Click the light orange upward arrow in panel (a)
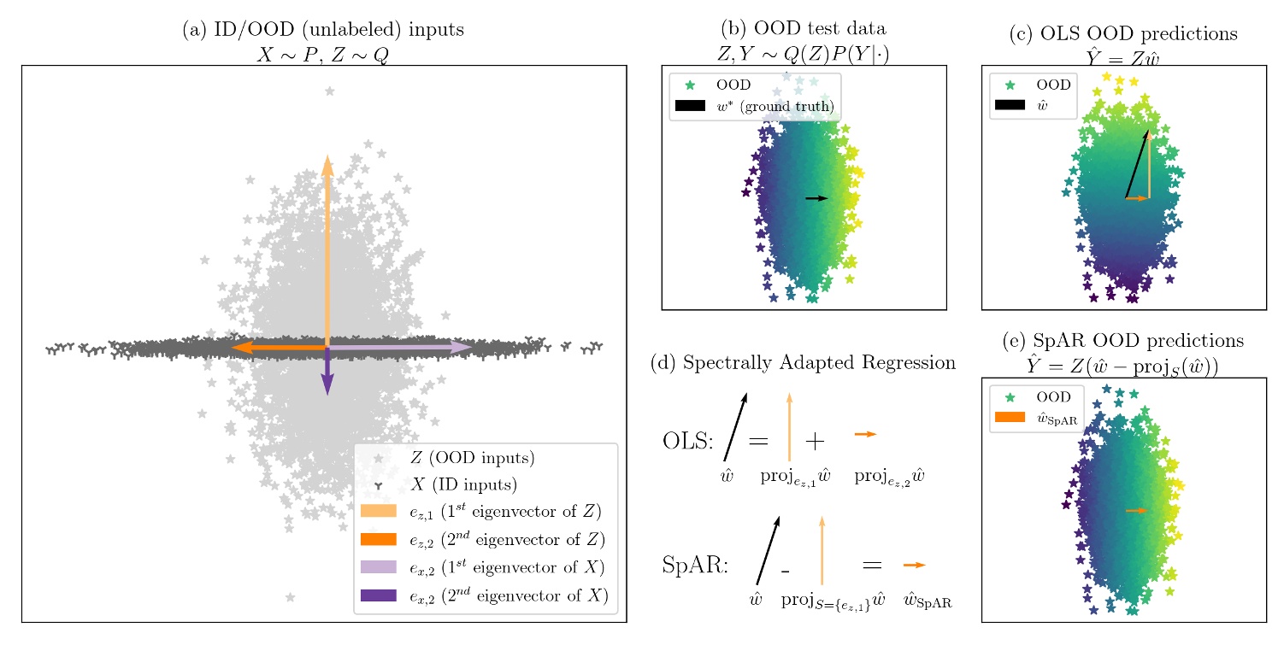pyautogui.click(x=327, y=248)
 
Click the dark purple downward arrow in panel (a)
pyautogui.click(x=327, y=372)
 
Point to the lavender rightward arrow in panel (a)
pyautogui.click(x=402, y=348)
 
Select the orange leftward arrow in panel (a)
pyautogui.click(x=278, y=348)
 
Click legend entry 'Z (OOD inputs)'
pyautogui.click(x=472, y=458)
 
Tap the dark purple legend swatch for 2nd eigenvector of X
pyautogui.click(x=379, y=595)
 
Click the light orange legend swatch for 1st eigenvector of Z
pyautogui.click(x=379, y=512)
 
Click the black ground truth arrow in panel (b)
pyautogui.click(x=816, y=198)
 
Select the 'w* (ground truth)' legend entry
pyautogui.click(x=775, y=106)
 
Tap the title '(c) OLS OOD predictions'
pyautogui.click(x=1123, y=34)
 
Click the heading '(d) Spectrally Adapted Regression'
pyautogui.click(x=803, y=363)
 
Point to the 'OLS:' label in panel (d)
pyautogui.click(x=687, y=442)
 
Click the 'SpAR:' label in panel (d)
pyautogui.click(x=695, y=566)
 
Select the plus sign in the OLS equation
pyautogui.click(x=815, y=442)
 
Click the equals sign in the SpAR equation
pyautogui.click(x=871, y=566)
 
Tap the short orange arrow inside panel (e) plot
pyautogui.click(x=1136, y=510)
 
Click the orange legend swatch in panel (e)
pyautogui.click(x=1010, y=418)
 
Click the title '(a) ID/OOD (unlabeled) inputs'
pyautogui.click(x=323, y=30)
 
